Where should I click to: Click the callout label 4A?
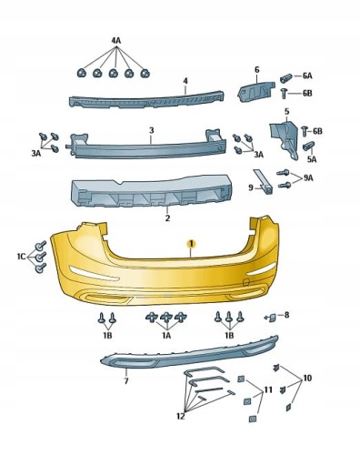(116, 41)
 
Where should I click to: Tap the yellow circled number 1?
(191, 244)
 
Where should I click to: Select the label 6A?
(307, 76)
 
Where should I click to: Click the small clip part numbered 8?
(272, 318)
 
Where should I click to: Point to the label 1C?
(22, 257)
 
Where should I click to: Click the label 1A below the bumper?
(166, 336)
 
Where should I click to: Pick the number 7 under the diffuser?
(126, 380)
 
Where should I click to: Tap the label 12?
(181, 417)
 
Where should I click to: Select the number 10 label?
(307, 379)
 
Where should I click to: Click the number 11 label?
(268, 389)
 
